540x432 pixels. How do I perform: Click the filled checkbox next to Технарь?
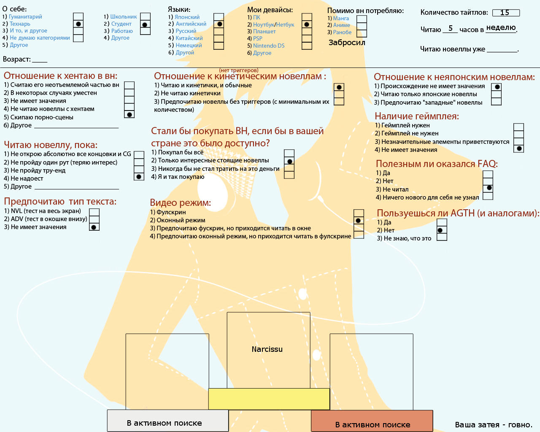point(78,24)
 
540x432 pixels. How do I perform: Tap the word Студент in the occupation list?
point(121,24)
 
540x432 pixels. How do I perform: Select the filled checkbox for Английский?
point(219,24)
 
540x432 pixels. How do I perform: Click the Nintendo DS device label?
point(269,46)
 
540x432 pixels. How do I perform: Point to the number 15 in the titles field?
point(505,13)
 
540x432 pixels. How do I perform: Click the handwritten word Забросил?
point(347,43)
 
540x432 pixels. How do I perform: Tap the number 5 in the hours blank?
point(451,28)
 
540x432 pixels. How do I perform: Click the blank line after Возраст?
point(40,62)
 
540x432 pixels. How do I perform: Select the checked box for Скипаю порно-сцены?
point(129,114)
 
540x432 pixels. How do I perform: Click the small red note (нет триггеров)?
point(239,70)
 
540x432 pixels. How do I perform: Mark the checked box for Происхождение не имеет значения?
point(497,87)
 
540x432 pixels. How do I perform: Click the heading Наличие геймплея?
point(417,116)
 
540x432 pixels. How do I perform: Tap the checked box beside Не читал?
point(488,188)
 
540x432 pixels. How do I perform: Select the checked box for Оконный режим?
point(359,220)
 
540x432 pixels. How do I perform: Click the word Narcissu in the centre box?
point(267,349)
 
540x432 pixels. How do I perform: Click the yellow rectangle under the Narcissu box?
point(269,399)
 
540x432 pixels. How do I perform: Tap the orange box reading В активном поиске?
point(372,421)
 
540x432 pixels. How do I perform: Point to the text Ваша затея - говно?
point(494,425)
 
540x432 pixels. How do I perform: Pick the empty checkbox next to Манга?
point(362,19)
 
